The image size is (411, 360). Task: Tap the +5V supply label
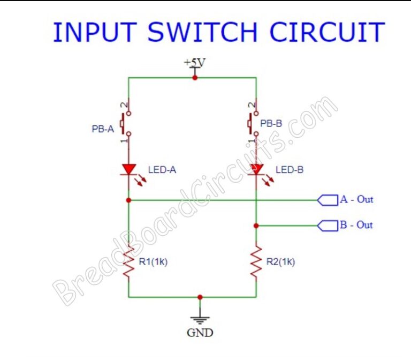(194, 63)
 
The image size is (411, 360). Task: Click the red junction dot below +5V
(195, 78)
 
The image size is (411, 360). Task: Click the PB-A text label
(103, 129)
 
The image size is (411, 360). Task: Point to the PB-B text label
(271, 123)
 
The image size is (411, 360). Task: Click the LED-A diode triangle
(128, 169)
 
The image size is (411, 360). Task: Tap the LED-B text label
(290, 170)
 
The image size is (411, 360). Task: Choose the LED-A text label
(162, 170)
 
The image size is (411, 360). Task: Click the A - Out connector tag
(328, 200)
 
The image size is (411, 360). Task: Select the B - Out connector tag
(328, 225)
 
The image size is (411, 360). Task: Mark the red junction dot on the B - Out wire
(256, 226)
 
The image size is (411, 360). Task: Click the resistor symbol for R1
(128, 262)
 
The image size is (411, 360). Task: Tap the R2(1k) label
(280, 262)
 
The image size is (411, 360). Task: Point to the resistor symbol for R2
(256, 262)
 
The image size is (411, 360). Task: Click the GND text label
(200, 333)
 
